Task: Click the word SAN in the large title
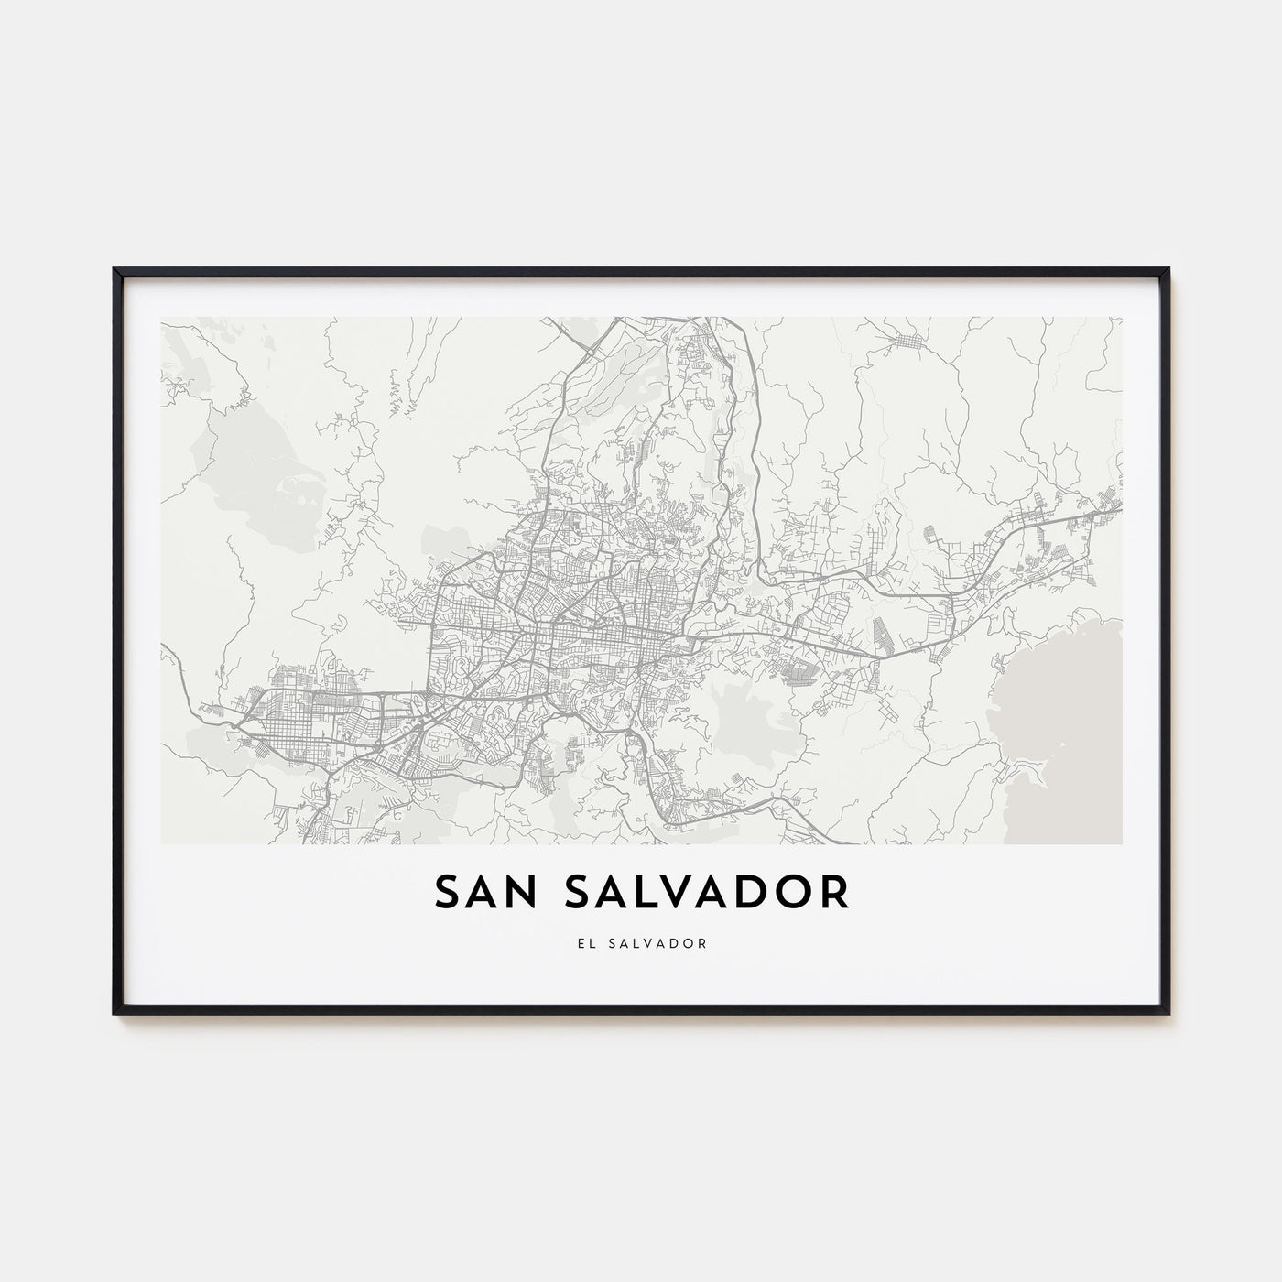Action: pos(486,893)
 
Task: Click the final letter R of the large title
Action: pos(834,893)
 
